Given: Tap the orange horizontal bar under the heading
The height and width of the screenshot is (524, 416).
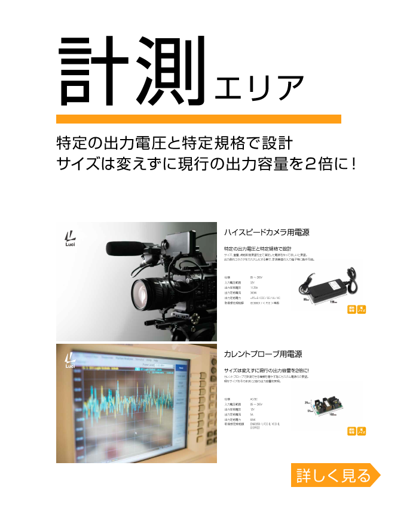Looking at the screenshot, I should pos(198,119).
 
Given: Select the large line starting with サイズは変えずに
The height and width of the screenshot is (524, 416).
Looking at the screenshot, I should pos(206,164).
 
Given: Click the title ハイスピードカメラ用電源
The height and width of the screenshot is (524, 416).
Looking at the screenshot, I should pos(266,232).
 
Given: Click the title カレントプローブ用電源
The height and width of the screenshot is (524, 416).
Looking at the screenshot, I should pos(262,354).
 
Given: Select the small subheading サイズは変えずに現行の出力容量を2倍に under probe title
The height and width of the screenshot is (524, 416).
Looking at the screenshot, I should pos(266,371).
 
